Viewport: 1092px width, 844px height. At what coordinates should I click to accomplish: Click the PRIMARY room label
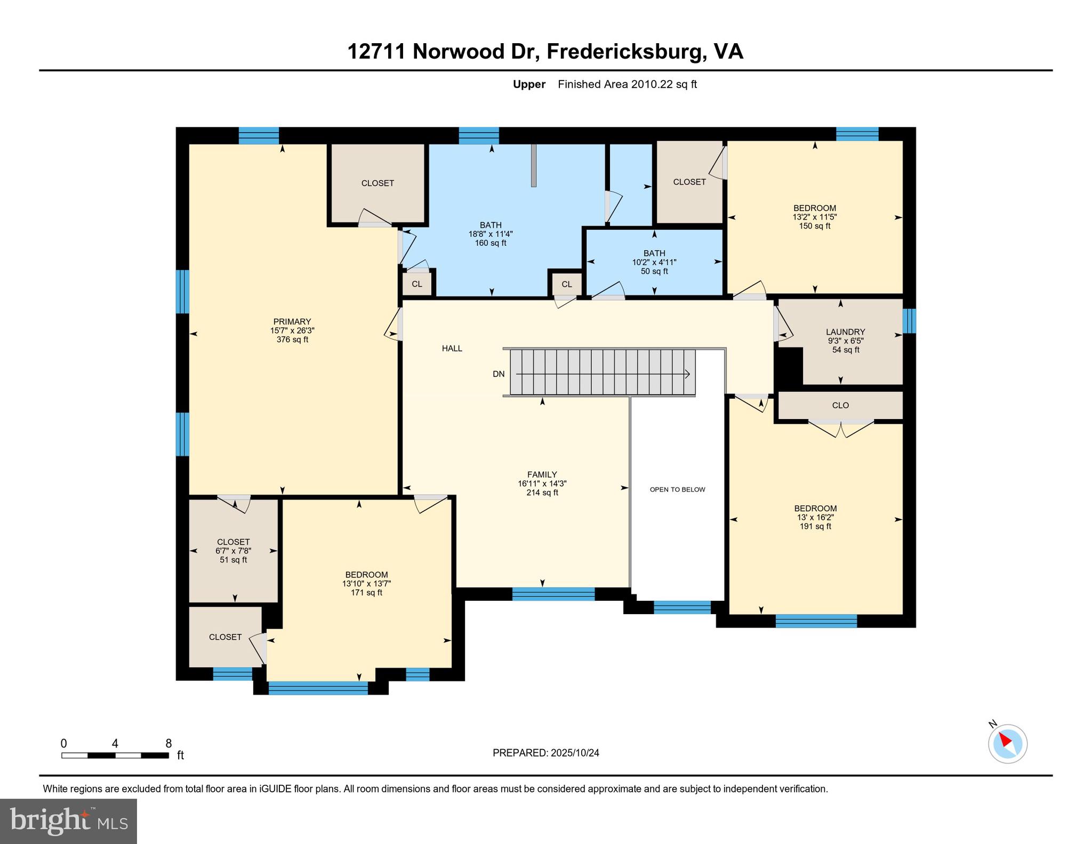[292, 321]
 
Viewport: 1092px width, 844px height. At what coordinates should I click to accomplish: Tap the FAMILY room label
[542, 475]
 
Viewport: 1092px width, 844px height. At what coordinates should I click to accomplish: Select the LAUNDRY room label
[845, 332]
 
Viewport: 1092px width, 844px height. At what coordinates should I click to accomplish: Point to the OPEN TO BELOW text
[677, 489]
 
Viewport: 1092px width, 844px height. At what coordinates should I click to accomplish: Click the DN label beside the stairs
[499, 374]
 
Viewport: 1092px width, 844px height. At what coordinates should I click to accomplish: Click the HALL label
[452, 349]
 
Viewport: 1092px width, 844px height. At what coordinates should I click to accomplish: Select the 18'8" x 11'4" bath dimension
[490, 234]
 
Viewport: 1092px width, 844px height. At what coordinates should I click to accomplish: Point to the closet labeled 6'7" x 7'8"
[233, 551]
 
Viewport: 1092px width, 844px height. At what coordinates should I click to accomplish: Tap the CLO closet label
[840, 405]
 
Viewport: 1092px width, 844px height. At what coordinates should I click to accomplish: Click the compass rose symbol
[1007, 744]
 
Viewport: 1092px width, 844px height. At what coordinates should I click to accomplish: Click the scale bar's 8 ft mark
[168, 744]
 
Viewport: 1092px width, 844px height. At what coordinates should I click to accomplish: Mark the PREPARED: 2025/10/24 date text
[545, 753]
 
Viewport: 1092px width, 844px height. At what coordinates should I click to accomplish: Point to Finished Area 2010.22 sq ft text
[627, 84]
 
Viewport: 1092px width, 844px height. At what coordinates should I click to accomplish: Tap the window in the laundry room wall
[909, 321]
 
